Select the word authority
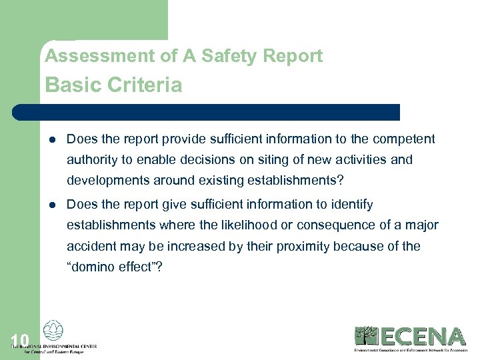point(93,160)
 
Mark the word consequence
point(333,225)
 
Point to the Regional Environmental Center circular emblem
point(52,331)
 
